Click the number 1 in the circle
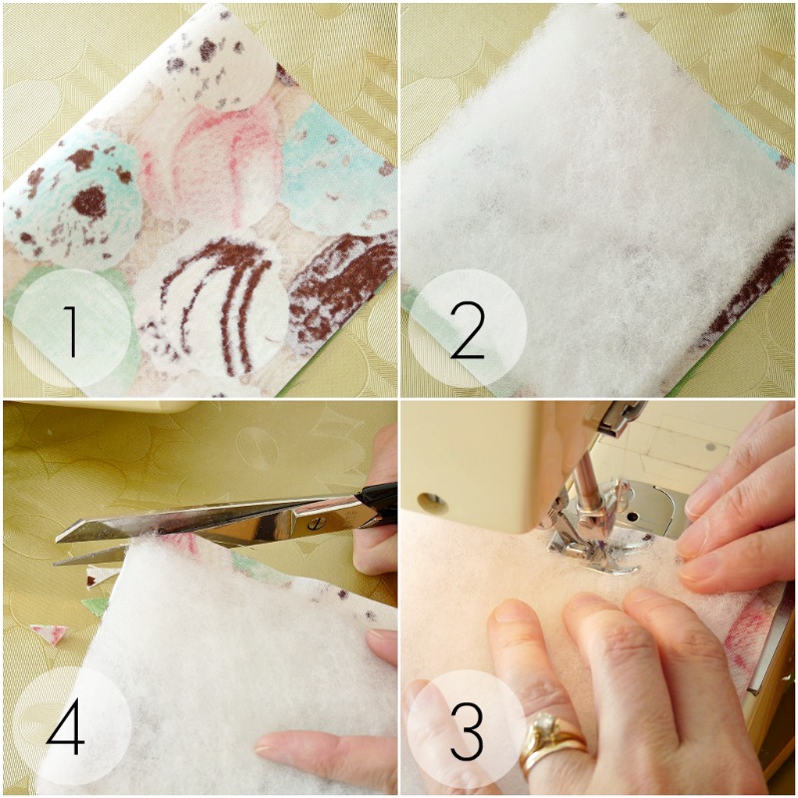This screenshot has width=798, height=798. (x=71, y=333)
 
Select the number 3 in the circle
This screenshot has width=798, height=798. (x=467, y=733)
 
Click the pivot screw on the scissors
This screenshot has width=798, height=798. (x=314, y=517)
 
